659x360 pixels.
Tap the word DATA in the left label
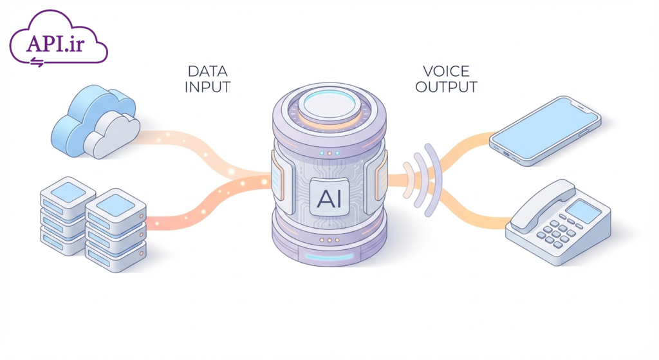[x=207, y=71]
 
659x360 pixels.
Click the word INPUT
[x=207, y=86]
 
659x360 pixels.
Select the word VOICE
[x=446, y=71]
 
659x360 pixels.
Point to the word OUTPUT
[x=446, y=86]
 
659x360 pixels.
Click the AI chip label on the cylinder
[x=329, y=196]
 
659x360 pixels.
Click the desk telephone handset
[x=539, y=206]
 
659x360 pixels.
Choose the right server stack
[x=116, y=229]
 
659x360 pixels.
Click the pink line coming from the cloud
[x=193, y=145]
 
